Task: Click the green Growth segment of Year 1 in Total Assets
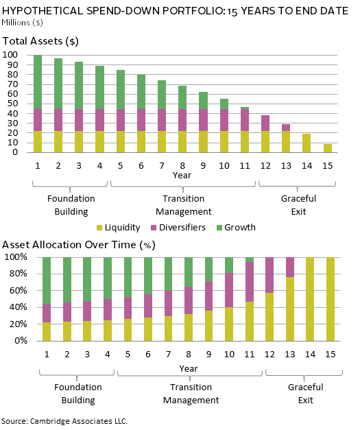[x=38, y=82]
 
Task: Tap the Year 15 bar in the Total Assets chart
[x=327, y=148]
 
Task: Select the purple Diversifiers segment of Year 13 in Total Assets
[x=286, y=128]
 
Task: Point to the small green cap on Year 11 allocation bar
[x=250, y=259]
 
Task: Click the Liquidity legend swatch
[x=99, y=228]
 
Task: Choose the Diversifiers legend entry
[x=178, y=227]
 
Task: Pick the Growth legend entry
[x=236, y=227]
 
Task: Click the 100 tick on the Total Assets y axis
[x=10, y=55]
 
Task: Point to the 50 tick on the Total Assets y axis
[x=12, y=104]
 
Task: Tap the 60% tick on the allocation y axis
[x=19, y=290]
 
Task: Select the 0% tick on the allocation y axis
[x=21, y=341]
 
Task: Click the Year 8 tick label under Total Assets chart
[x=182, y=166]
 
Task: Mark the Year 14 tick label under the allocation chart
[x=310, y=355]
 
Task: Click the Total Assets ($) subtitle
[x=40, y=41]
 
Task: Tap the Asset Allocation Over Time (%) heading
[x=79, y=245]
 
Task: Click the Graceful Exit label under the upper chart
[x=298, y=205]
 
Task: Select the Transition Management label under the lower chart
[x=191, y=394]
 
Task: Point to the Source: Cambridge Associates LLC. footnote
[x=64, y=421]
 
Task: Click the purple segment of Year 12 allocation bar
[x=269, y=275]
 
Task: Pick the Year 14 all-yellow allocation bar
[x=310, y=299]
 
